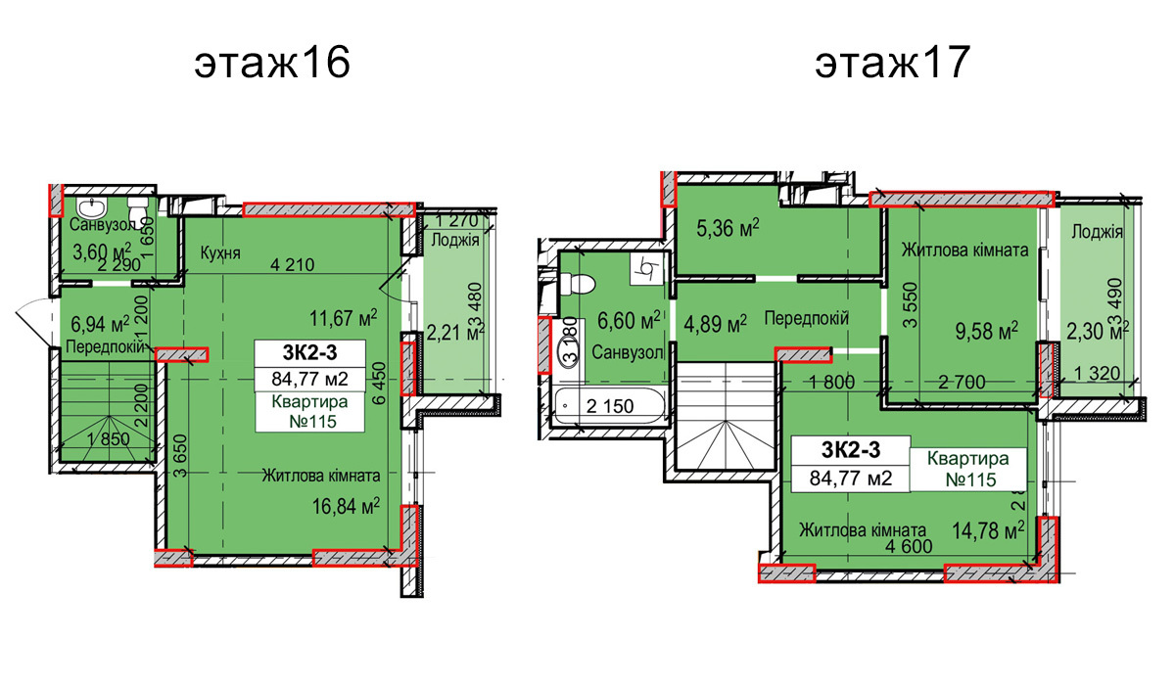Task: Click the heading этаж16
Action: (x=272, y=65)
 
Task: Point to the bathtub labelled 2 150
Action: (x=597, y=403)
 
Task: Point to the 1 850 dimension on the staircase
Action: (x=109, y=440)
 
